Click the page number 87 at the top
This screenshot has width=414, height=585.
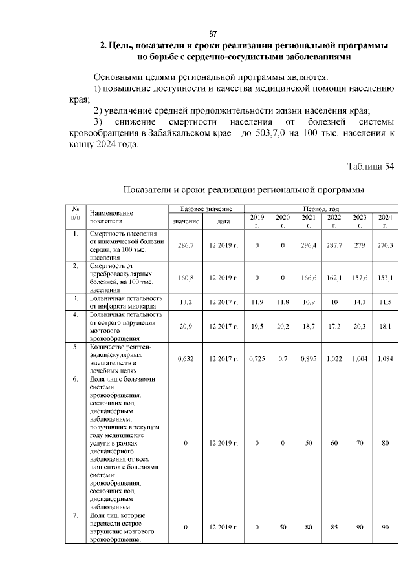[212, 34]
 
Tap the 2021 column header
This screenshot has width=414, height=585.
[309, 221]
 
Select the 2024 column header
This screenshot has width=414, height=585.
[386, 221]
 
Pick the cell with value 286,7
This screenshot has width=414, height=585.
[186, 245]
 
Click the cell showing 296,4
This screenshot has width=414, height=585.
[309, 245]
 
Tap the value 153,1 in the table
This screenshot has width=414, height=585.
[386, 278]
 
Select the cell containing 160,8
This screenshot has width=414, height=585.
[186, 278]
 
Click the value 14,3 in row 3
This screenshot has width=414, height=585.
[360, 302]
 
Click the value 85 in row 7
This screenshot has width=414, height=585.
[334, 528]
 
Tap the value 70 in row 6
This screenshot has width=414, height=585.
[360, 444]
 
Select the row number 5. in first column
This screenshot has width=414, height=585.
[76, 347]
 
